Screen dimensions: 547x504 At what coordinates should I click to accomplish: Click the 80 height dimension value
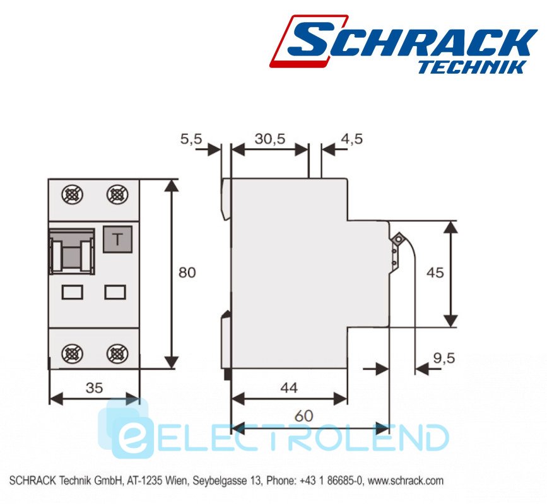tap(187, 272)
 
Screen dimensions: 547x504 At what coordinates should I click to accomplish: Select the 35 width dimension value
tap(94, 387)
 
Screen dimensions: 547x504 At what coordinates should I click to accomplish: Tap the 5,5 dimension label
tap(191, 139)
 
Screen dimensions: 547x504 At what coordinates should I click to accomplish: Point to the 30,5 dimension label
tap(269, 139)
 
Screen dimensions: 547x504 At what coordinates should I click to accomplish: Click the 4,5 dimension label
tap(351, 139)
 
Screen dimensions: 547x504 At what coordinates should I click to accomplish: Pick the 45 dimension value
tap(435, 272)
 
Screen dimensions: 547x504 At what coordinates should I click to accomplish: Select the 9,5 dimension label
tap(444, 358)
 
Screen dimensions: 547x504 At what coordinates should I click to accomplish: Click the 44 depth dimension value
tap(289, 387)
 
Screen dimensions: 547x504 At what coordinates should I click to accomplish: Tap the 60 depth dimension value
tap(304, 416)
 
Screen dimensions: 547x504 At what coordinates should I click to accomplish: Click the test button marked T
tap(117, 239)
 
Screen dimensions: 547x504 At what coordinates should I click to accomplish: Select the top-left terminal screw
tap(72, 195)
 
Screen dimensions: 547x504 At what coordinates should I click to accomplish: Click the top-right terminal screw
tap(117, 195)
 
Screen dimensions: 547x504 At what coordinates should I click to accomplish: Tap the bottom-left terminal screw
tap(72, 354)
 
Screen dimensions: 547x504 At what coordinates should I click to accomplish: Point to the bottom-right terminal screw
tap(117, 354)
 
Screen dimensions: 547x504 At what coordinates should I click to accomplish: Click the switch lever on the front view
tap(72, 251)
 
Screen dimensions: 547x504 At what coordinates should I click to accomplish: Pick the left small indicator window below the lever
tap(72, 292)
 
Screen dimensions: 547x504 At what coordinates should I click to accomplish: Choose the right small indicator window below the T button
tap(115, 292)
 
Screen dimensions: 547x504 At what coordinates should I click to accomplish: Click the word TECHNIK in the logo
tap(472, 67)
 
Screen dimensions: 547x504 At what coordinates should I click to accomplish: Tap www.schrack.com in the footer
tap(406, 481)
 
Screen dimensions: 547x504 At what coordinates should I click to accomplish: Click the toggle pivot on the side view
tap(397, 239)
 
